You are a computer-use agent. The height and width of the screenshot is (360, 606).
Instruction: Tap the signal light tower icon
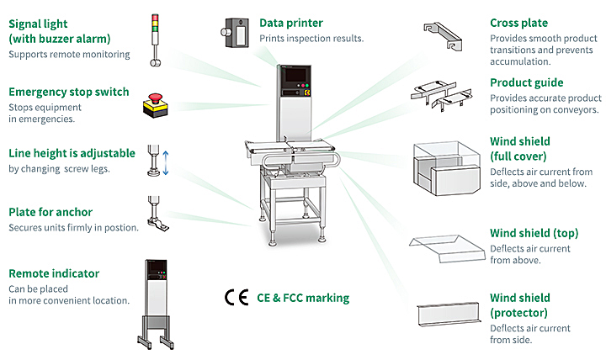155,40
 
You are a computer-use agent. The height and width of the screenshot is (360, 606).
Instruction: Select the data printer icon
235,33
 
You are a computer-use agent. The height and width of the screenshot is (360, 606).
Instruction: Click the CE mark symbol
237,298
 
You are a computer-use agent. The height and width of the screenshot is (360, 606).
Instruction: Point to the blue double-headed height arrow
166,162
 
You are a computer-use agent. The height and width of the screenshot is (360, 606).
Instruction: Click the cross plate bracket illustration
443,36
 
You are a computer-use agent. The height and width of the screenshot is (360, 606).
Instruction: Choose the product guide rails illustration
441,95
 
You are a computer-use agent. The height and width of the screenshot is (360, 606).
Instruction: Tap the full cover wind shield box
447,168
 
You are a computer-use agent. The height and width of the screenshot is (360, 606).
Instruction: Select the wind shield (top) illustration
447,249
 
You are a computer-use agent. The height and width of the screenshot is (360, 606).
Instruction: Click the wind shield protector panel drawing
449,314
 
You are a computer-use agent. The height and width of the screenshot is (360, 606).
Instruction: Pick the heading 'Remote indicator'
54,273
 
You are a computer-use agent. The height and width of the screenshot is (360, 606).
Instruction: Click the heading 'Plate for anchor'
50,212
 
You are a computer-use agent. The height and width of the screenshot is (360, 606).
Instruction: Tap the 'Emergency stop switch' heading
69,92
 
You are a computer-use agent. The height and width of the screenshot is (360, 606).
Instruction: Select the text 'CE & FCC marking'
303,298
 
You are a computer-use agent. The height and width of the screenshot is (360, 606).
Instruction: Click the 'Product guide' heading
526,82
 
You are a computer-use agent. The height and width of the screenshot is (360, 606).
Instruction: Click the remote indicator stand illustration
156,304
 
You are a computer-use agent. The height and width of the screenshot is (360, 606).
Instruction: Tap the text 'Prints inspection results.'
311,38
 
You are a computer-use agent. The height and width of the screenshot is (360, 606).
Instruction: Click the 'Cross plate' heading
518,24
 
